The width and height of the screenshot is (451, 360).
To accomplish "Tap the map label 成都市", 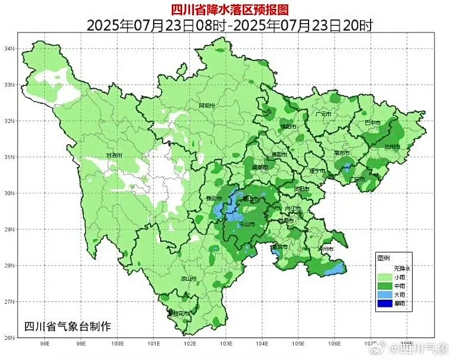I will tap(260, 168).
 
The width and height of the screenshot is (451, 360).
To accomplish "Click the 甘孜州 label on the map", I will tap(113, 155).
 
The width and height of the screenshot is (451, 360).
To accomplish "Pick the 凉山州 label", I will tap(188, 278).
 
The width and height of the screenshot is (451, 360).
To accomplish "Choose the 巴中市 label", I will tap(373, 123).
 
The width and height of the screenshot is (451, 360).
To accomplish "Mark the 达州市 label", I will tap(392, 147).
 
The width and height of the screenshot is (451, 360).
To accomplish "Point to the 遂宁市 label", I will tap(317, 171).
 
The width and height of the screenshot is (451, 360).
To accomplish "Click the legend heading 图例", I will tap(384, 258).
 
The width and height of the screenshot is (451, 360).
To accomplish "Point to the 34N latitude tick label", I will tap(9, 48).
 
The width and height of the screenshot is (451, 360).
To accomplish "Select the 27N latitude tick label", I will tap(9, 301).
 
